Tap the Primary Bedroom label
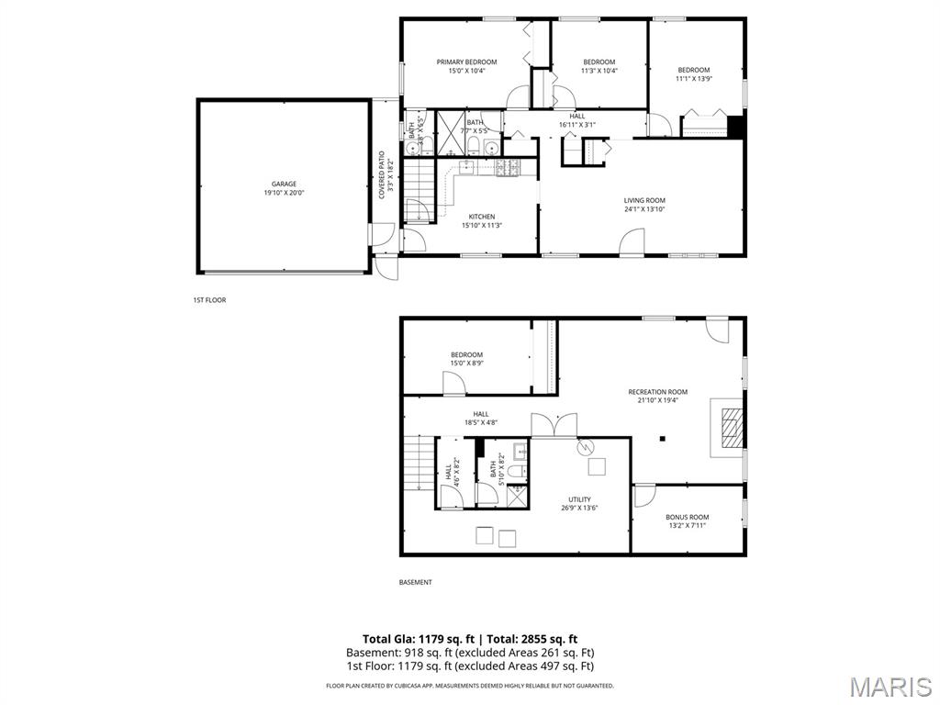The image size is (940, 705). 466,62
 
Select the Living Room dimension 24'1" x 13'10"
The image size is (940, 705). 644,209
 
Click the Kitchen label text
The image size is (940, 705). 481,217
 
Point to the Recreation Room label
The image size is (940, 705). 657,392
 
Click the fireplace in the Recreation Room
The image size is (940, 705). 730,429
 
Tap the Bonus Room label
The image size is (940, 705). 687,517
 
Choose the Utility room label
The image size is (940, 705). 579,499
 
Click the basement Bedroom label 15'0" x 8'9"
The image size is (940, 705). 466,355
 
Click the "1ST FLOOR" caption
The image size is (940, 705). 209,300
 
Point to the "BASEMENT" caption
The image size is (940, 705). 415,582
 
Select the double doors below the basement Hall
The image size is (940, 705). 554,425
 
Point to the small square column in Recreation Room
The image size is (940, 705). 662,439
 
